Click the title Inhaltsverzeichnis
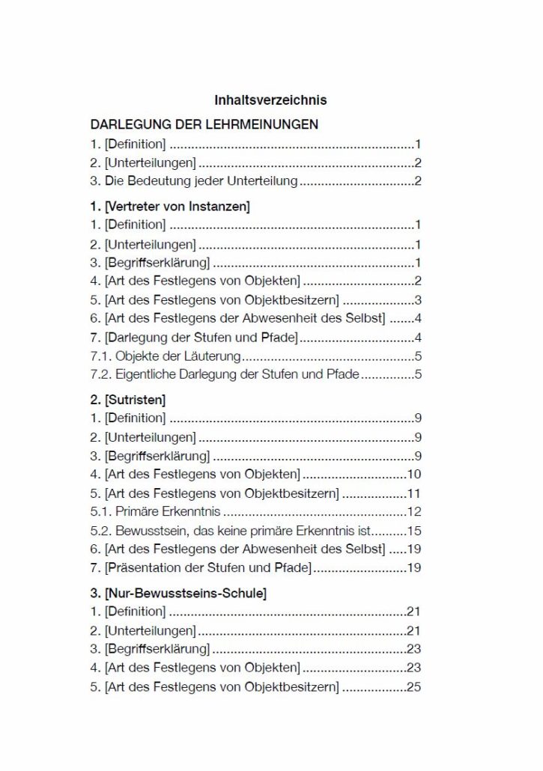click(270, 100)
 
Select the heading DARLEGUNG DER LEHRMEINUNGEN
click(204, 124)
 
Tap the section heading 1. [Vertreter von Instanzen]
click(170, 205)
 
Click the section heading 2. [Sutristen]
click(128, 400)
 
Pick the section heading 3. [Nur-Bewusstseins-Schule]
click(178, 594)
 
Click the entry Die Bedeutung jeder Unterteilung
click(194, 180)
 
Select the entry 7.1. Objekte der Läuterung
click(165, 356)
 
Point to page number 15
click(414, 531)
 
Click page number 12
click(414, 512)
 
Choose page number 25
click(414, 686)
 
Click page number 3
click(418, 300)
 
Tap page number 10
click(414, 474)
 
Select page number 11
click(414, 493)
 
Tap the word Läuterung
click(214, 356)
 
